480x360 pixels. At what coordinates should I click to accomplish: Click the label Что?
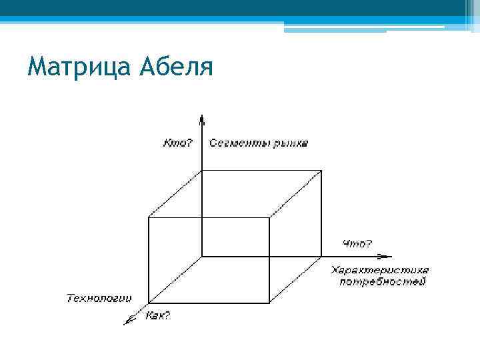coord(357,244)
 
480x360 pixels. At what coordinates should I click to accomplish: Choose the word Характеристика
coord(379,270)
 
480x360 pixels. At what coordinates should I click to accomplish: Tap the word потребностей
coord(382,282)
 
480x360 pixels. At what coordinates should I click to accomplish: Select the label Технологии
coord(99,297)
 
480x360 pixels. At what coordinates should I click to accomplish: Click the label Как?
coord(157,315)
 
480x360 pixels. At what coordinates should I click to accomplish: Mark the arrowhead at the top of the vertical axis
coord(201,118)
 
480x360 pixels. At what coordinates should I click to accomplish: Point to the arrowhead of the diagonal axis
coord(127,322)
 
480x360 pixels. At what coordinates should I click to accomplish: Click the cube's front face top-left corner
coord(148,217)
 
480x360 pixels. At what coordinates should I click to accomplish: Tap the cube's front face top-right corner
coord(269,217)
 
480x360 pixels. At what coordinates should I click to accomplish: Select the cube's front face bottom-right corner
coord(269,303)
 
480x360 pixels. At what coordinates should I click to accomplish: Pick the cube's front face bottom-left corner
coord(148,303)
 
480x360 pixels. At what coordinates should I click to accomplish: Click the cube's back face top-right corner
coord(322,169)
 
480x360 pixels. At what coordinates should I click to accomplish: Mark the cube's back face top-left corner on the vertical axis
coord(201,169)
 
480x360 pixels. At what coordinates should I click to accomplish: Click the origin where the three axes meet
coord(201,256)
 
